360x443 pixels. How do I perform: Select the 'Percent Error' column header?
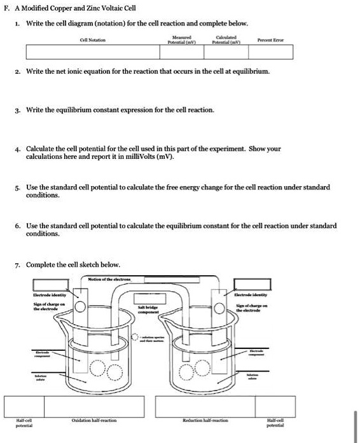click(x=271, y=40)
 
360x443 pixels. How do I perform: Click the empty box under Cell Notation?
click(x=92, y=51)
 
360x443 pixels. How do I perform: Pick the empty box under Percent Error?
click(x=271, y=51)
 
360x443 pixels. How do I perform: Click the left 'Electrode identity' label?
click(x=52, y=296)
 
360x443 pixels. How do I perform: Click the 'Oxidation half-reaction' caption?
click(x=93, y=420)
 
